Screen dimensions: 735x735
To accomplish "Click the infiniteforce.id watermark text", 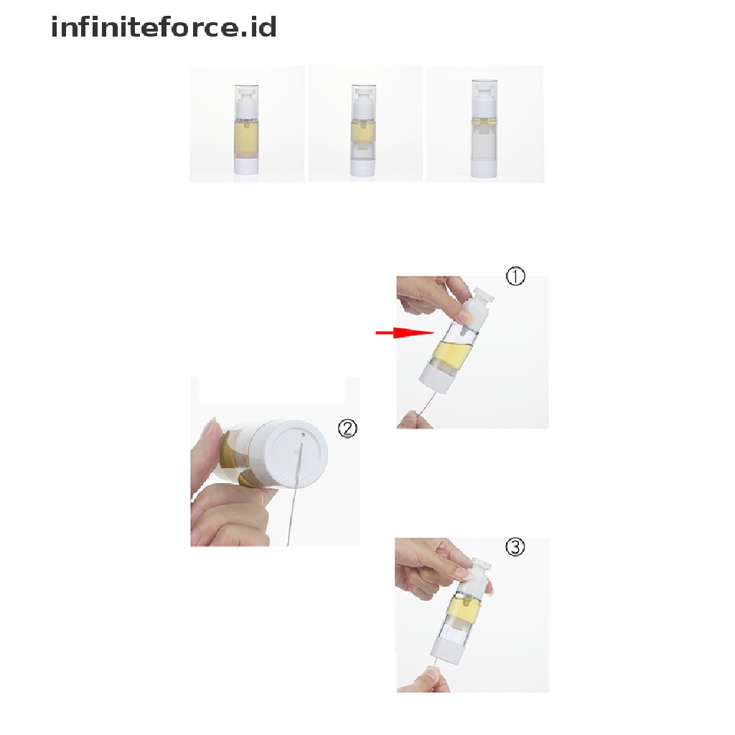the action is pos(164,27).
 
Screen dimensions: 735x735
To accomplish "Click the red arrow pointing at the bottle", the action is pos(406,333).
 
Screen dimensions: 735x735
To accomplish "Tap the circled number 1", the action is pos(515,276).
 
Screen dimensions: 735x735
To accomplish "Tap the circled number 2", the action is pos(347,429).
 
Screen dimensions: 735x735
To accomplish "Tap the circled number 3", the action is pos(515,547).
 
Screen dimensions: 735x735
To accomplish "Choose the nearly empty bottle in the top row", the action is pos(484,128).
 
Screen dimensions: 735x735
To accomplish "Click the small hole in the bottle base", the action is pos(304,436).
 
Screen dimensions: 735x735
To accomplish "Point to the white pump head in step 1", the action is pos(477,307).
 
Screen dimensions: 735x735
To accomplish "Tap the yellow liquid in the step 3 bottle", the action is pos(464,609).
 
